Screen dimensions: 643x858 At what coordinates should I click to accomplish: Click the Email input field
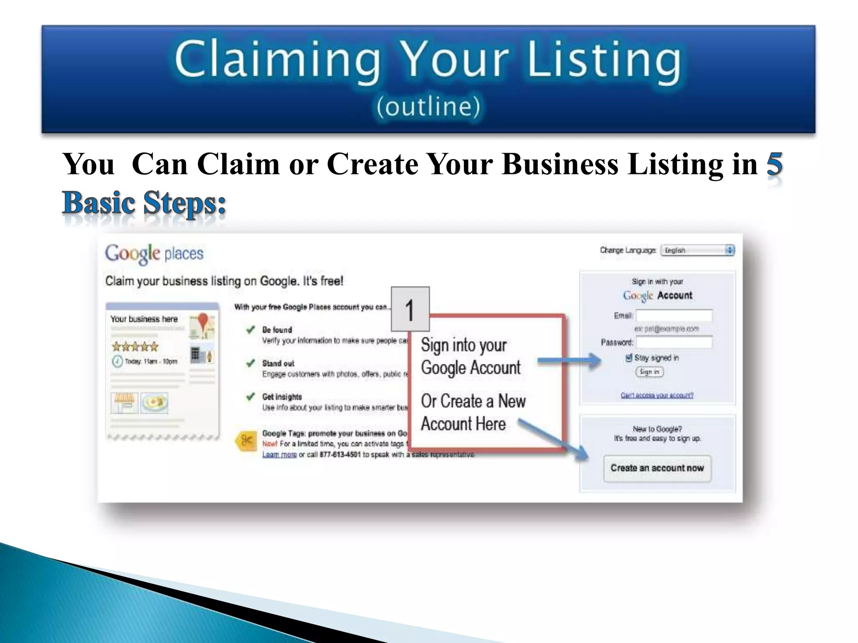[x=674, y=316]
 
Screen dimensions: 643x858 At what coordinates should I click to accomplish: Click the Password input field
[x=674, y=343]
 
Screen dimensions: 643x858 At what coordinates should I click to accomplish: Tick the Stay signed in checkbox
[x=628, y=358]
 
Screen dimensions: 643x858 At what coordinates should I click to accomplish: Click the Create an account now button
[x=657, y=468]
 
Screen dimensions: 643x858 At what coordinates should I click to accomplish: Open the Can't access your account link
[x=656, y=395]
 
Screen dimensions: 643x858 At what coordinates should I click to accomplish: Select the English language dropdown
[x=697, y=250]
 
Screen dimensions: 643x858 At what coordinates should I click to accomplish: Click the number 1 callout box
[x=410, y=309]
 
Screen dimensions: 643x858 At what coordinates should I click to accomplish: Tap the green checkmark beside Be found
[x=251, y=330]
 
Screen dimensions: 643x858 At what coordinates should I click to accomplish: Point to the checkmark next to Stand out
[x=251, y=363]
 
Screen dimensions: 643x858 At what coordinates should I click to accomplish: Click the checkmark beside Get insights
[x=251, y=396]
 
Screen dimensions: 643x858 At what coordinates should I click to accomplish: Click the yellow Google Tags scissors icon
[x=246, y=440]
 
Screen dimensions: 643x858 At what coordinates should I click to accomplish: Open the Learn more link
[x=279, y=455]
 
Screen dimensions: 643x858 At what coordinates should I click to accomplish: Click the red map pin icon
[x=203, y=321]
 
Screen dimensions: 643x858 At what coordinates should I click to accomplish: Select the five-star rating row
[x=135, y=347]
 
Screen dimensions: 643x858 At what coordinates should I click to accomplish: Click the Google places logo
[x=154, y=253]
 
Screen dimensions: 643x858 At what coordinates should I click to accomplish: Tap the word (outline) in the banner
[x=428, y=107]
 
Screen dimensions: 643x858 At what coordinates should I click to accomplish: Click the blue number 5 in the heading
[x=774, y=164]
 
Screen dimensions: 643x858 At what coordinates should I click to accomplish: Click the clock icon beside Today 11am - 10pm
[x=117, y=361]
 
